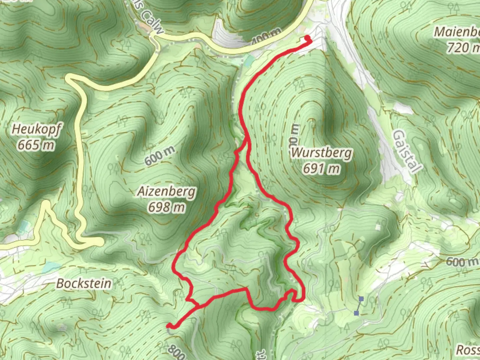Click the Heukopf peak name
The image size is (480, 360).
pyautogui.click(x=36, y=129)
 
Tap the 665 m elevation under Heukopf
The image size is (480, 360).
pyautogui.click(x=36, y=145)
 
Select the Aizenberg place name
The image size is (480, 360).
pyautogui.click(x=166, y=192)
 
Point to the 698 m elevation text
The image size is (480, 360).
pyautogui.click(x=166, y=207)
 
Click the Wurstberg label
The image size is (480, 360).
pyautogui.click(x=321, y=153)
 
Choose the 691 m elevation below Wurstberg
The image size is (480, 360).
pyautogui.click(x=321, y=169)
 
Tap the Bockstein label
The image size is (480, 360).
pyautogui.click(x=84, y=284)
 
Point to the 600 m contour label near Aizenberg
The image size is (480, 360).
pyautogui.click(x=160, y=156)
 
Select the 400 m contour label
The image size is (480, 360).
pyautogui.click(x=266, y=36)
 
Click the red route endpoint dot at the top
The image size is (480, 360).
pyautogui.click(x=307, y=38)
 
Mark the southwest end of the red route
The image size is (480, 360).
pyautogui.click(x=169, y=325)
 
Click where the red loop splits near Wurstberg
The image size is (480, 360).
pyautogui.click(x=247, y=140)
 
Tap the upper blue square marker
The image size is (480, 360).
pyautogui.click(x=361, y=299)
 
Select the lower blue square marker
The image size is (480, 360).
pyautogui.click(x=357, y=313)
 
